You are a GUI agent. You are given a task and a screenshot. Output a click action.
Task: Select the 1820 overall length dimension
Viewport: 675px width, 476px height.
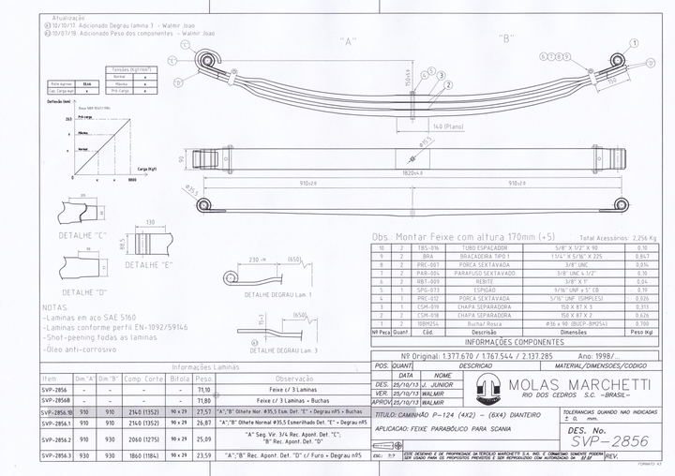[412, 172]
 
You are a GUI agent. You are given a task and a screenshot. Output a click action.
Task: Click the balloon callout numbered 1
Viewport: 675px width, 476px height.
[637, 43]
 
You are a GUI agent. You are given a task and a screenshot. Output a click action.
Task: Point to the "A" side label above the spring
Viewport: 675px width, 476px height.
[349, 41]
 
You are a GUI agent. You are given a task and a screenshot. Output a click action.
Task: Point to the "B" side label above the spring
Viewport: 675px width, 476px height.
[507, 38]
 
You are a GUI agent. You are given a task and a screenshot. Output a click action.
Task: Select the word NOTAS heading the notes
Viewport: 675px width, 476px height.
[55, 305]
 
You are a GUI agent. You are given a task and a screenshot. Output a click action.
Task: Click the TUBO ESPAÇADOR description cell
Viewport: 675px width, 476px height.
[484, 248]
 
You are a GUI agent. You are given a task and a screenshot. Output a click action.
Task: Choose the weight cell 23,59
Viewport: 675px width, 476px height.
[203, 455]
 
